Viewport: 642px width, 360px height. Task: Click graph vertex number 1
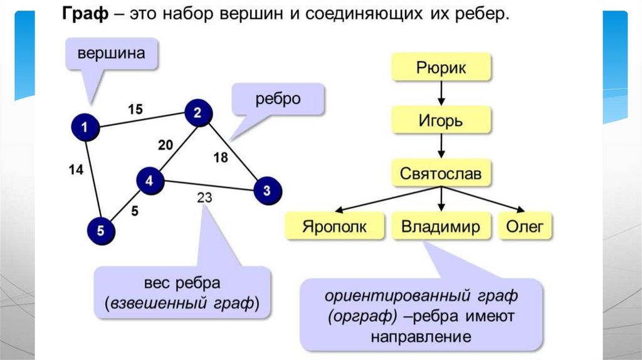pyautogui.click(x=85, y=128)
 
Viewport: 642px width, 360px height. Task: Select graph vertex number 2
pyautogui.click(x=198, y=114)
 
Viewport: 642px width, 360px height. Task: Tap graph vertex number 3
pyautogui.click(x=267, y=189)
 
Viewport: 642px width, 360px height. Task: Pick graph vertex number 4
pyautogui.click(x=150, y=181)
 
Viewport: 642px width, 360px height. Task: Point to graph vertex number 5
pyautogui.click(x=102, y=231)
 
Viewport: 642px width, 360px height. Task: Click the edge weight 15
pyautogui.click(x=135, y=109)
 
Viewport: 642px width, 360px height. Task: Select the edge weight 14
pyautogui.click(x=76, y=169)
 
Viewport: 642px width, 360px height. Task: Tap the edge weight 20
pyautogui.click(x=165, y=146)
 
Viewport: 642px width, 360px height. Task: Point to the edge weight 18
pyautogui.click(x=221, y=157)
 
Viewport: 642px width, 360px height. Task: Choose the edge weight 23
pyautogui.click(x=204, y=198)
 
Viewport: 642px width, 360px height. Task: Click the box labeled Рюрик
pyautogui.click(x=441, y=68)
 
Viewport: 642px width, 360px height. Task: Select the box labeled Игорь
pyautogui.click(x=441, y=120)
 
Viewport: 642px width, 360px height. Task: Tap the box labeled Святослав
pyautogui.click(x=441, y=173)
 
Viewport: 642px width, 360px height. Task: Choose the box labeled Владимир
pyautogui.click(x=441, y=226)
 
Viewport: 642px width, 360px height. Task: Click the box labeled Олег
pyautogui.click(x=525, y=226)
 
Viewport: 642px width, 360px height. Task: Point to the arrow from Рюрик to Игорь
pyautogui.click(x=441, y=93)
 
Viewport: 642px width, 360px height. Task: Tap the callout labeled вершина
pyautogui.click(x=111, y=54)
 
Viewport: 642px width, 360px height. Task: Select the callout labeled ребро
pyautogui.click(x=277, y=99)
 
